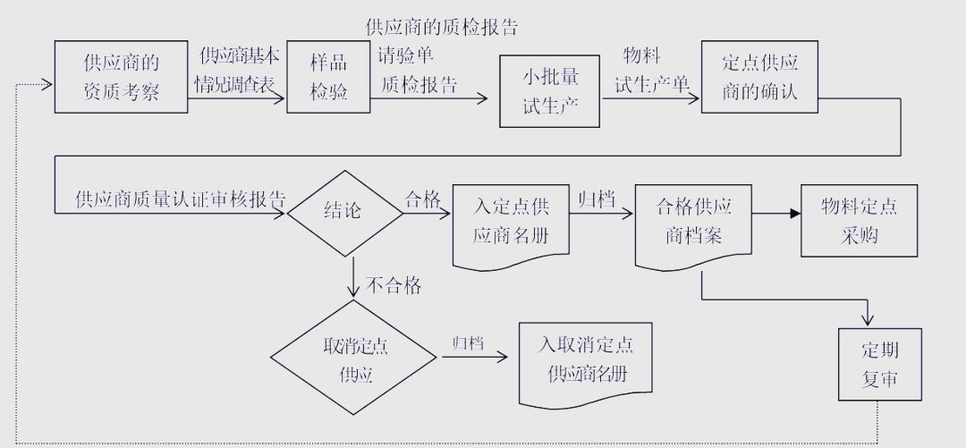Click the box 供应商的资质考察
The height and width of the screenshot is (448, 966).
pos(122,77)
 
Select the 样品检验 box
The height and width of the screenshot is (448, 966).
pos(328,77)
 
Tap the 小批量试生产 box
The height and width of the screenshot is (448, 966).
pos(551,91)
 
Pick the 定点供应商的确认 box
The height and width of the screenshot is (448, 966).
pos(759,77)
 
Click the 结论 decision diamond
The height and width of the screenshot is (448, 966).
pos(343,212)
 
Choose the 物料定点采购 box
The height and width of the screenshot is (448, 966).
pos(860,221)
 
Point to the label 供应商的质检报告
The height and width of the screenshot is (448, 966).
pos(442,27)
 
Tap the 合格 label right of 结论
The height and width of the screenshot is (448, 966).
pos(423,199)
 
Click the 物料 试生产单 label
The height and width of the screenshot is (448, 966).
pos(652,70)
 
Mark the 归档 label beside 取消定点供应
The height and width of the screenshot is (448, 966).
pos(468,343)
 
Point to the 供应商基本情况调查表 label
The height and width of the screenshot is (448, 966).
pos(239,70)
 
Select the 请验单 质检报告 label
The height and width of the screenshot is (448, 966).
pos(418,70)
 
